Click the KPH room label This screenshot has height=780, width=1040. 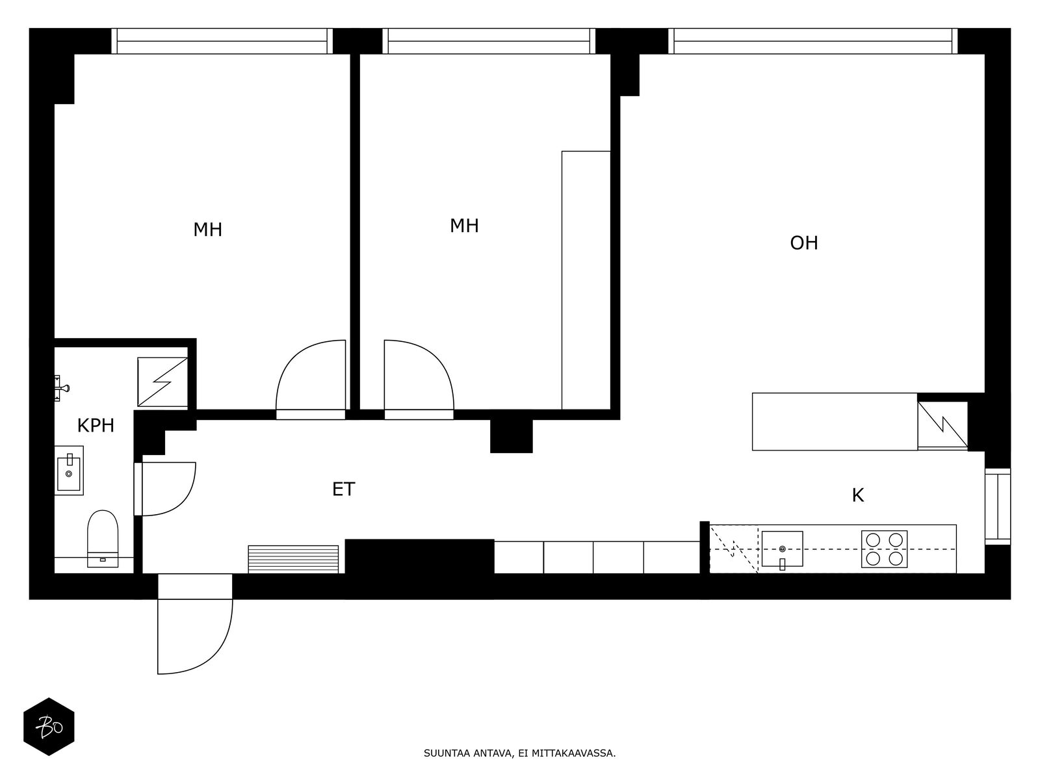coord(96,426)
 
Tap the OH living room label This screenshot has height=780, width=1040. coord(803,243)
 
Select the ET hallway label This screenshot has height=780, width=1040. coord(343,489)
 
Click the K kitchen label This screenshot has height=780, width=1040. coord(857,495)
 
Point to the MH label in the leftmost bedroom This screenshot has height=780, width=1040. coord(207,229)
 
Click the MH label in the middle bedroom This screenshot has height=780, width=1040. coord(464,226)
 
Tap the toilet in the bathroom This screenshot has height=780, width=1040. coord(103,538)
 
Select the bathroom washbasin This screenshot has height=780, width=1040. coord(69,471)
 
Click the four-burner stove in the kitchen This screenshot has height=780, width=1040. coord(884,549)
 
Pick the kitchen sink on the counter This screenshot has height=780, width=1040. coord(782,549)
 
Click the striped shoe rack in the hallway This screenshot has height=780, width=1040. coord(293,559)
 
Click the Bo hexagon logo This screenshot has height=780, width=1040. coord(49,727)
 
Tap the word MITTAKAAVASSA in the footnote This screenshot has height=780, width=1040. coord(573,754)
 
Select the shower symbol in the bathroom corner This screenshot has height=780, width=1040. coord(162,382)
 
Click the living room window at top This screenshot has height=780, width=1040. coord(812,41)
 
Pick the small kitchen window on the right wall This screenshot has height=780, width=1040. coord(997,506)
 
